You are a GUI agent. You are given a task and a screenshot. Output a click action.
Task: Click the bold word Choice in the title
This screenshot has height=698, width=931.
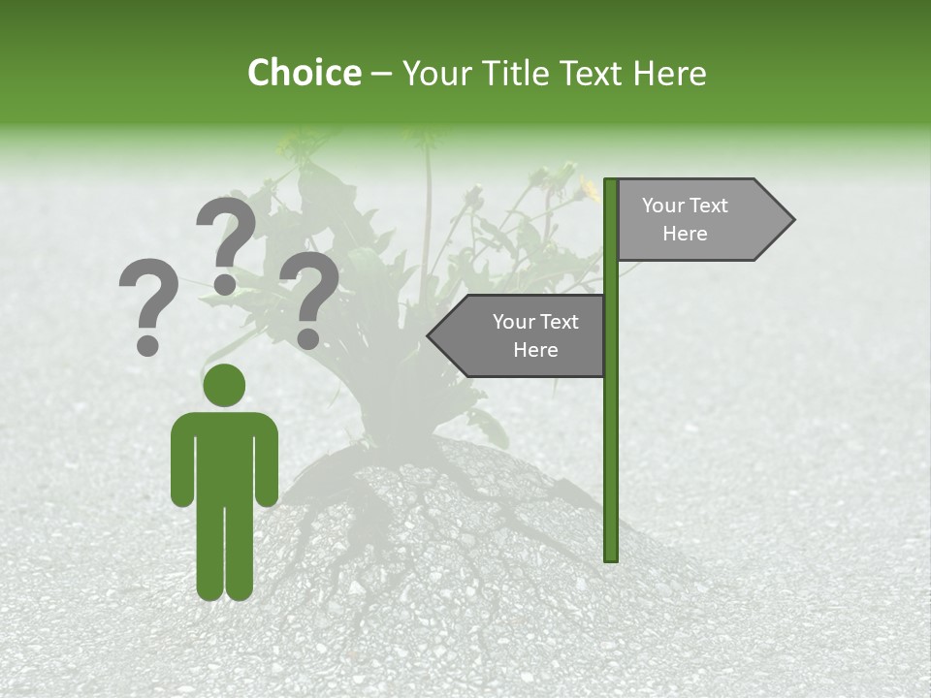click(304, 73)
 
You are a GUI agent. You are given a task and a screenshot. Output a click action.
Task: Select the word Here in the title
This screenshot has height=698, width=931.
click(669, 73)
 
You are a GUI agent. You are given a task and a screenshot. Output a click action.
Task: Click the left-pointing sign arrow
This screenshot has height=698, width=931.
click(519, 336)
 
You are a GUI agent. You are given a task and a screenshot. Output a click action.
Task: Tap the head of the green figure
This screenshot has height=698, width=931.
click(225, 385)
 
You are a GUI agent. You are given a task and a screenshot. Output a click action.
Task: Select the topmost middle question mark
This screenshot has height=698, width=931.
click(226, 242)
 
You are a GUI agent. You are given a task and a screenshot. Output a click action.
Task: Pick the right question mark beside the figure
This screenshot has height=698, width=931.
click(309, 296)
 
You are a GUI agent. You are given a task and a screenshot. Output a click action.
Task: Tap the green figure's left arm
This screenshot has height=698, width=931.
click(181, 460)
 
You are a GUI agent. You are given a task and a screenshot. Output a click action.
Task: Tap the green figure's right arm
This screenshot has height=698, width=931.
click(269, 460)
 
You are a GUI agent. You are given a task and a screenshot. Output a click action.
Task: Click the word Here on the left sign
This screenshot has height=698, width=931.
click(535, 350)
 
